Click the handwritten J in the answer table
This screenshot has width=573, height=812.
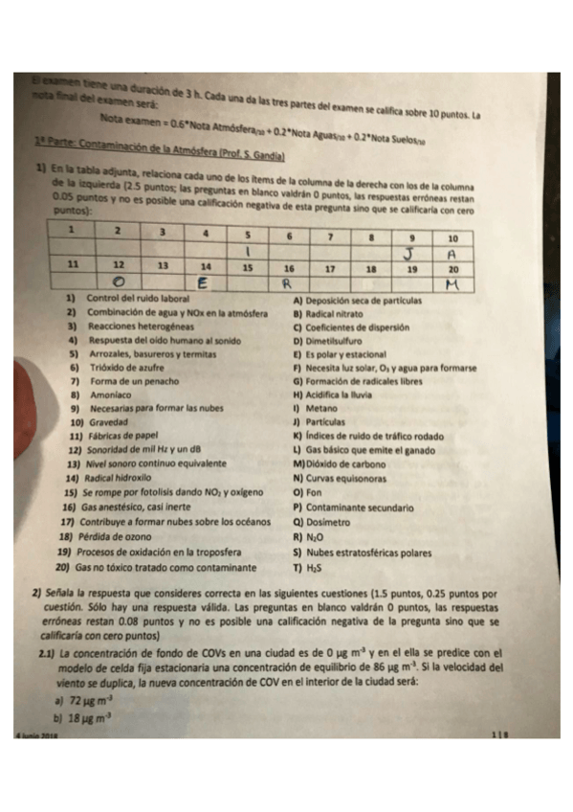(x=408, y=253)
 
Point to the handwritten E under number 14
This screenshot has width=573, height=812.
(x=204, y=282)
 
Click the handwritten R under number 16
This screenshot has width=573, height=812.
(x=285, y=283)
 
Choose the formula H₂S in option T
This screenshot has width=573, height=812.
(x=314, y=566)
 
